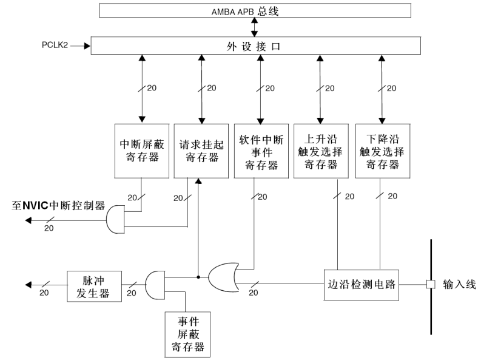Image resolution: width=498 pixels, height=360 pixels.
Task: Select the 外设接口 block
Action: point(255,45)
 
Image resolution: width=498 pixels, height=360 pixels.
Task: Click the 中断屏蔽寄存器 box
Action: point(141,151)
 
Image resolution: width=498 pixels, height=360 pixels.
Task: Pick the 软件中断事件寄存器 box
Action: point(261,151)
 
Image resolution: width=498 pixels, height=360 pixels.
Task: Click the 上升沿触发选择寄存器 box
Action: point(320,151)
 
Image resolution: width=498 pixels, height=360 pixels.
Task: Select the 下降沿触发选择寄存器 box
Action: point(380,151)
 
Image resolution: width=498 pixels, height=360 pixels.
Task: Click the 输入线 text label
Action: point(460,284)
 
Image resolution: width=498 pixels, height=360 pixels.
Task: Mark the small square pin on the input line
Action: point(431,284)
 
